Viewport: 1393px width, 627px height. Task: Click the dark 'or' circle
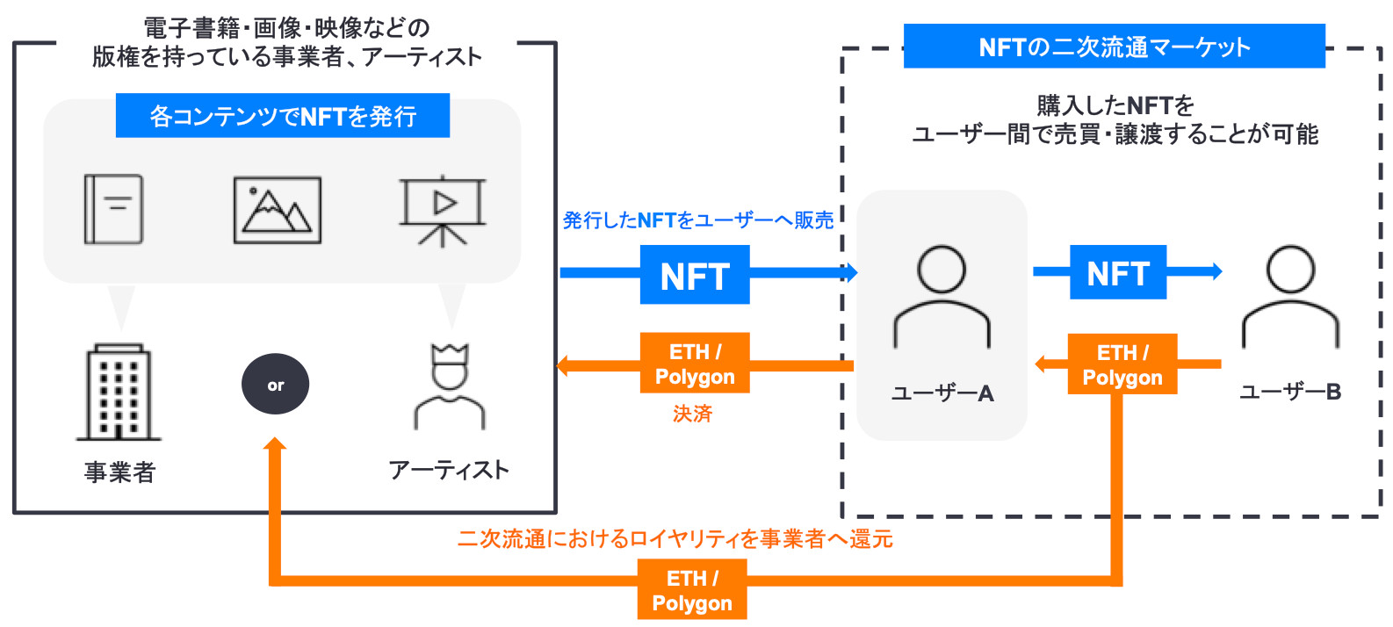click(275, 385)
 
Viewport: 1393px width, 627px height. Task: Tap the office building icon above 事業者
click(119, 393)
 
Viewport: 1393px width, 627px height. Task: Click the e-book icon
click(113, 209)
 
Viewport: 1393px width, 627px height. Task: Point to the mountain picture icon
click(277, 210)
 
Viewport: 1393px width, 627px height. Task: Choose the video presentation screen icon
click(443, 210)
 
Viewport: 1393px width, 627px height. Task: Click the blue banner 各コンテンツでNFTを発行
click(282, 116)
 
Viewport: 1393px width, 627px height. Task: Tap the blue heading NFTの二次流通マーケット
click(1114, 47)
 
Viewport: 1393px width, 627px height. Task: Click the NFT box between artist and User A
click(695, 276)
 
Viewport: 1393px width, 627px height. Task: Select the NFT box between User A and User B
click(1117, 273)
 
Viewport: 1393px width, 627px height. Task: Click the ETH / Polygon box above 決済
click(695, 364)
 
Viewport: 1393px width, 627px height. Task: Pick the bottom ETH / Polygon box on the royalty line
click(692, 591)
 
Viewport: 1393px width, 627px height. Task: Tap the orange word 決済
click(692, 414)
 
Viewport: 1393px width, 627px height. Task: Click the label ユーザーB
click(1290, 392)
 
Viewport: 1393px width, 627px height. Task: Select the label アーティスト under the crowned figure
click(449, 470)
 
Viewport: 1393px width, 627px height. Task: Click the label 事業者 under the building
click(119, 472)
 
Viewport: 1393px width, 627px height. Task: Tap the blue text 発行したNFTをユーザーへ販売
click(697, 220)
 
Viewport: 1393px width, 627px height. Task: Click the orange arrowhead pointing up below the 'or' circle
click(275, 446)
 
